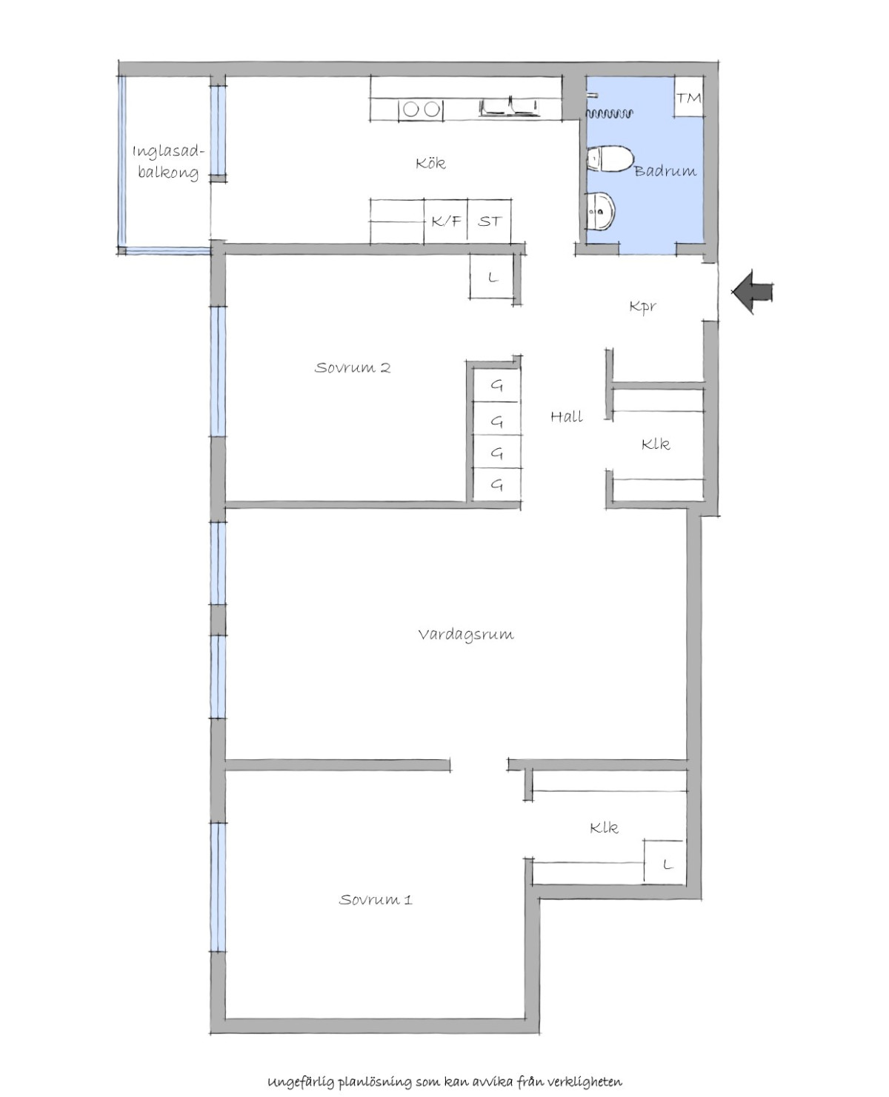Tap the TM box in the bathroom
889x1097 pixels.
[689, 97]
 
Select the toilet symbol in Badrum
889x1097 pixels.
[609, 159]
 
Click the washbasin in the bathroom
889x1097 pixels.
[600, 211]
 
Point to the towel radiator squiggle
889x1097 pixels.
[610, 113]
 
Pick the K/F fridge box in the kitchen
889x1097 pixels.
[445, 221]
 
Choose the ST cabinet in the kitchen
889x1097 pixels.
[489, 221]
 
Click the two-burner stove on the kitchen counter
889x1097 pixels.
[421, 109]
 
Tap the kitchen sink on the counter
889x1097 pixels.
[509, 107]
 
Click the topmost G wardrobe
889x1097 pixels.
[496, 385]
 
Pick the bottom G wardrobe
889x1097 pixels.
[496, 484]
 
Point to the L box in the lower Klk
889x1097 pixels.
[665, 864]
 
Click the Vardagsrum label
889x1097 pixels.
[466, 635]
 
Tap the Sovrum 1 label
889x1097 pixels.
[376, 900]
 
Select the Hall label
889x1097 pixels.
[567, 416]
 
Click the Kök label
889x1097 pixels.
[430, 163]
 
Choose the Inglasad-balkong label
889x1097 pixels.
[168, 161]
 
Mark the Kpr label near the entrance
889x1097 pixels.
[643, 307]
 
